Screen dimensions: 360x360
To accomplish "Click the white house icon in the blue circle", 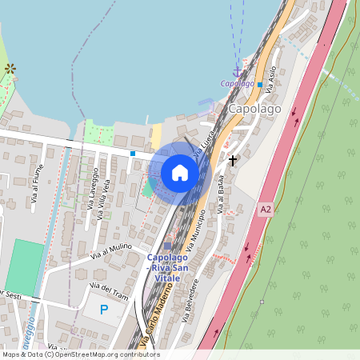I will coord(180,173).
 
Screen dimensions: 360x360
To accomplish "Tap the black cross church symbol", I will coord(233,160).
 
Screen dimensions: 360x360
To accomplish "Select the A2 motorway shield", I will coord(266,209).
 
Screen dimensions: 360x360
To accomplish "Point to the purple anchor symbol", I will coord(236,74).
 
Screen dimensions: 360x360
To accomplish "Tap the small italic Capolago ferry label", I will coord(238,83).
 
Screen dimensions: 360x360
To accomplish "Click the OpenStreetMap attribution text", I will coord(80,354).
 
